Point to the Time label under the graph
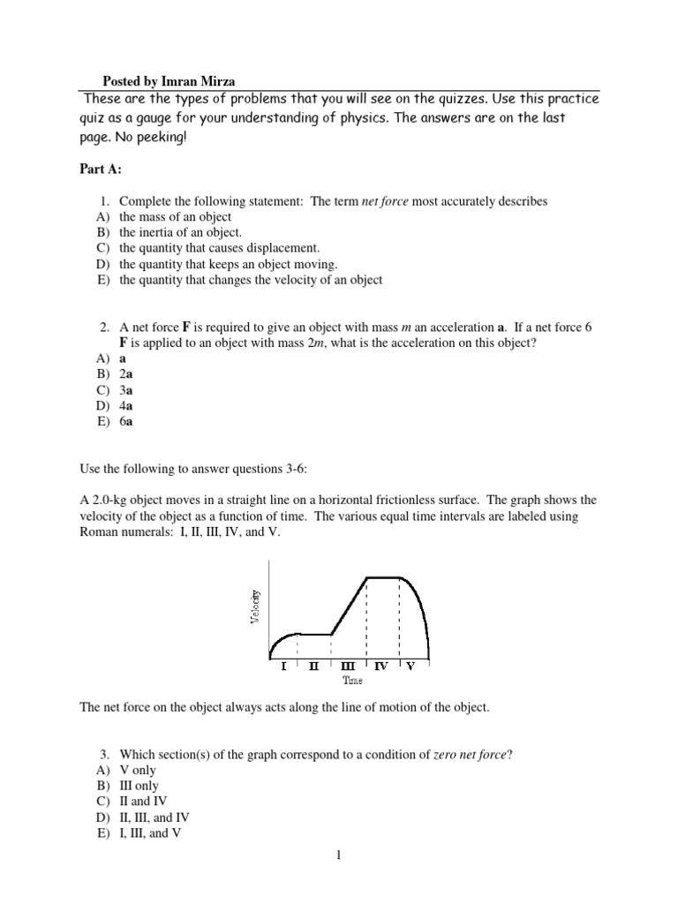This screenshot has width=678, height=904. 352,681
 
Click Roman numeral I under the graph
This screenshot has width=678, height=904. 283,667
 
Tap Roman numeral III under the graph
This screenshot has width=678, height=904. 348,667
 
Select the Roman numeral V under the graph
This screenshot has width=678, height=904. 411,667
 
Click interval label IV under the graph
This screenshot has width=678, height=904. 381,667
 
